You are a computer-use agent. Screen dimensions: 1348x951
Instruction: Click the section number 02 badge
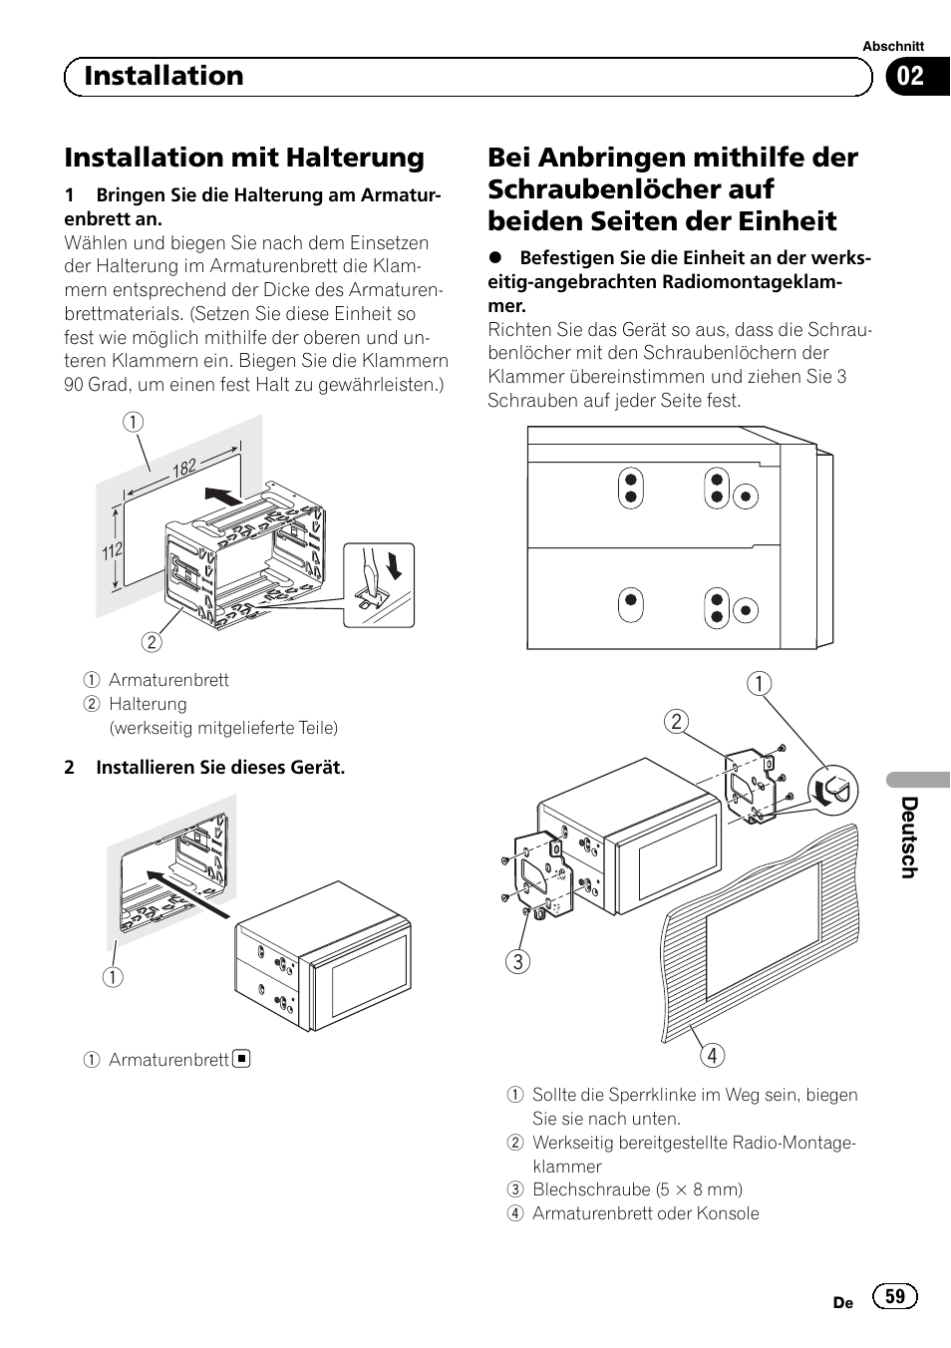[911, 77]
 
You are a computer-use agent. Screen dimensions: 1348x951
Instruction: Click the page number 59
[895, 1295]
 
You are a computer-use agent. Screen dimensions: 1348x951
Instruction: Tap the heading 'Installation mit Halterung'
[244, 158]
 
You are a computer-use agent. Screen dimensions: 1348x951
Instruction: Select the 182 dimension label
[185, 467]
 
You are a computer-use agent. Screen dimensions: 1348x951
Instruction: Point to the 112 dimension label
[112, 548]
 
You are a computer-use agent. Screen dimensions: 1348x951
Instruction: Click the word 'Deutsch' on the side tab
[908, 838]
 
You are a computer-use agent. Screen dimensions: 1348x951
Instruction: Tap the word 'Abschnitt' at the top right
[893, 46]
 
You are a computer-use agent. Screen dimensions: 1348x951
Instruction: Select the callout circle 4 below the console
[712, 1055]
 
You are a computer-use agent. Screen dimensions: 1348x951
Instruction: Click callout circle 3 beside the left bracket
[517, 961]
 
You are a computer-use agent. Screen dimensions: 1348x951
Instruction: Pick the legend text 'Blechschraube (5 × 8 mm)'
[637, 1189]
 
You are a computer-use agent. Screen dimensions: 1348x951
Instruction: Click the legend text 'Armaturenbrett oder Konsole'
[645, 1213]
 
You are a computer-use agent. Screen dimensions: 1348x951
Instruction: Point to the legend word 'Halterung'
[148, 704]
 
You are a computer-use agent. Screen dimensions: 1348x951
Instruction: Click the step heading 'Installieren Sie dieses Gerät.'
[219, 768]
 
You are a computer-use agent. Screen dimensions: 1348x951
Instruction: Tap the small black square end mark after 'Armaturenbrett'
[241, 1059]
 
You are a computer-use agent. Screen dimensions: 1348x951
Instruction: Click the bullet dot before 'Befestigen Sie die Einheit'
[495, 258]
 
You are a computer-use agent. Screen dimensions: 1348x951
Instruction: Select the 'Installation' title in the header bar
[163, 76]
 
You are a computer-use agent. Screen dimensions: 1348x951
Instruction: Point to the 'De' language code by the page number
[842, 1302]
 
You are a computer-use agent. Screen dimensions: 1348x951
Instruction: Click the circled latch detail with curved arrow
[834, 789]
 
